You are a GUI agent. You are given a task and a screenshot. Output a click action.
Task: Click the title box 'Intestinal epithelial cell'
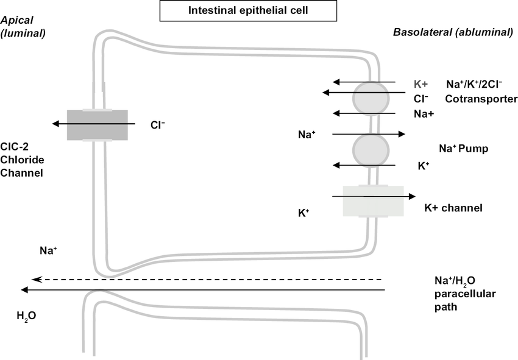[x=247, y=10]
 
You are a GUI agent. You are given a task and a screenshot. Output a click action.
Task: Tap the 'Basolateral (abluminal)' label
[x=453, y=32]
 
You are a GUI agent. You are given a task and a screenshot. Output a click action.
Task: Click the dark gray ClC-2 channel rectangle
[x=98, y=124]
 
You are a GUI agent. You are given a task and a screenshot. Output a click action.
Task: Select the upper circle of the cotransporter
[x=371, y=96]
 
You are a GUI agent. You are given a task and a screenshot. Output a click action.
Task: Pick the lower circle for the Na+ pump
[x=371, y=148]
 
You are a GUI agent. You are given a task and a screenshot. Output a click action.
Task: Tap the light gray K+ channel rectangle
[x=373, y=201]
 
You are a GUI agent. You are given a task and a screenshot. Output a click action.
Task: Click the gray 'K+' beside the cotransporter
[x=422, y=84]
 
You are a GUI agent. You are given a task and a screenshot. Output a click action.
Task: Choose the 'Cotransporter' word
[x=481, y=99]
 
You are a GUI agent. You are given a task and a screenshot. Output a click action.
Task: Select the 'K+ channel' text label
[x=453, y=208]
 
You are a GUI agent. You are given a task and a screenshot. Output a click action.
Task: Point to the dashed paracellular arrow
[x=207, y=279]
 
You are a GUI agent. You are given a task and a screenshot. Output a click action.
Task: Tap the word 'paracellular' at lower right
[x=460, y=294]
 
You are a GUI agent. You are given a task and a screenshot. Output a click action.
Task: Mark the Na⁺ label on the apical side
[x=49, y=250]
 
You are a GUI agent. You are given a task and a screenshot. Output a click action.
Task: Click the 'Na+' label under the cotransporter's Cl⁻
[x=424, y=113]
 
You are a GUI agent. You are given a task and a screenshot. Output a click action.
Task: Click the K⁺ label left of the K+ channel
[x=304, y=213]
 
